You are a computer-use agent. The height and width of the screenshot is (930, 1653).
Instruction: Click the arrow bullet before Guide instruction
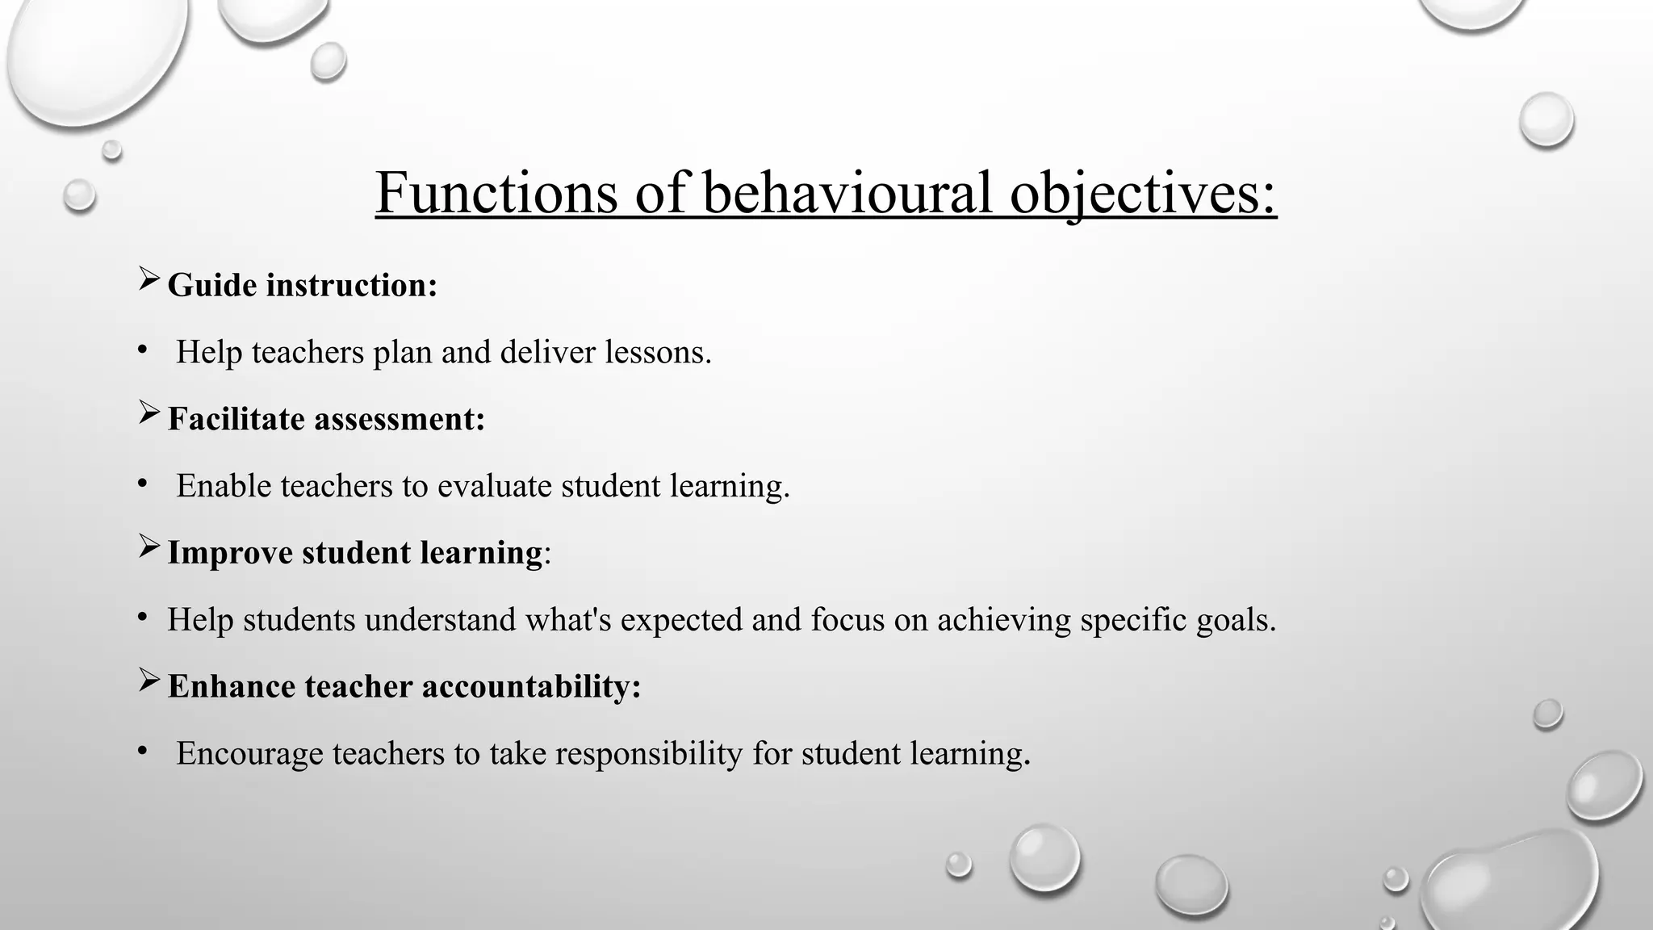pos(149,279)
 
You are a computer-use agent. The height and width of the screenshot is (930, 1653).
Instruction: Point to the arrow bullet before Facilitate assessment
pos(149,413)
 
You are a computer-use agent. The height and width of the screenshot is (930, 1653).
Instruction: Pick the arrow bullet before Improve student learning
pos(149,547)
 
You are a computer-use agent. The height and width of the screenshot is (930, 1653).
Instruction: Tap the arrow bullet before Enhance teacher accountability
pos(149,681)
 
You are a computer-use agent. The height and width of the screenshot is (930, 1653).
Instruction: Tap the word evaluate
pos(494,486)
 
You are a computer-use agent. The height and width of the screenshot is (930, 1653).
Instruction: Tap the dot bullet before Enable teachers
pos(143,484)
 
